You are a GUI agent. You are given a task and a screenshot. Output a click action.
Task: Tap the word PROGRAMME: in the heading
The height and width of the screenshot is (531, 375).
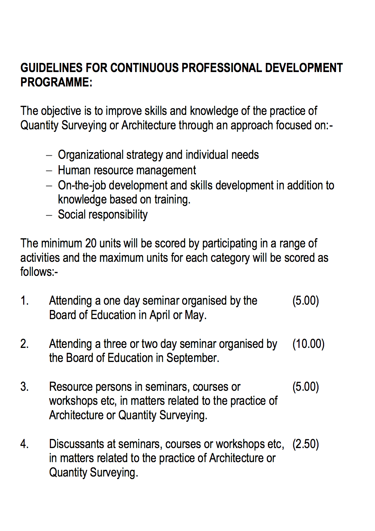(56, 82)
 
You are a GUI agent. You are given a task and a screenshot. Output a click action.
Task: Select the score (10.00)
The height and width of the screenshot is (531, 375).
(308, 344)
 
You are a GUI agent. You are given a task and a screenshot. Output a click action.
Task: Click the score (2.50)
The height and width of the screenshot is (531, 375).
(305, 444)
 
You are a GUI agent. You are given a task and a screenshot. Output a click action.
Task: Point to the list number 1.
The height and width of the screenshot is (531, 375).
(24, 301)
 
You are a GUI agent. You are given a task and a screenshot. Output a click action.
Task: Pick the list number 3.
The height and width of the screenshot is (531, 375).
(24, 387)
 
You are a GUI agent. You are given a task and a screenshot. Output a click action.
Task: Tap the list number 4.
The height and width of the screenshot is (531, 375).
(24, 444)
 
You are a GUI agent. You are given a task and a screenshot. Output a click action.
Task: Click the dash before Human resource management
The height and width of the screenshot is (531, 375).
(49, 171)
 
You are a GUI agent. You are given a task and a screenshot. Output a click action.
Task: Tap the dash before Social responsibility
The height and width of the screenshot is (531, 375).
(49, 215)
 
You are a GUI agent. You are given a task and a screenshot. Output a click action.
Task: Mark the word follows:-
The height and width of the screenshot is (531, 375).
(39, 272)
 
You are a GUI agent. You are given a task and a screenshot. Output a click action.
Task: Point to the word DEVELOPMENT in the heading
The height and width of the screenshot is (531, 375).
(304, 68)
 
